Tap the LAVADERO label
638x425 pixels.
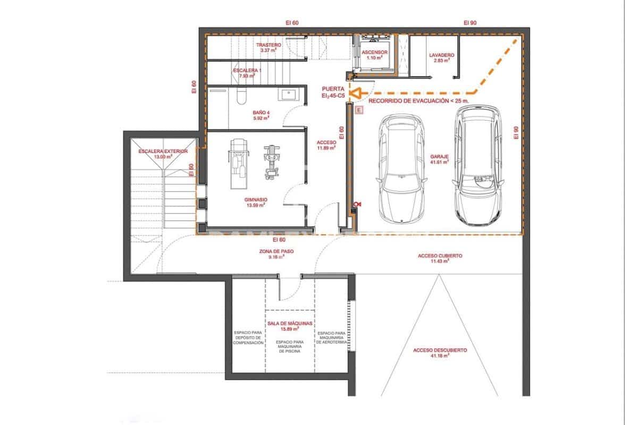tap(441, 55)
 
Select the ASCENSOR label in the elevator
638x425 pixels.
tap(374, 53)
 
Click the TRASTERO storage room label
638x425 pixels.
tap(268, 45)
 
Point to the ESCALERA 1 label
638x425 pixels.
tap(247, 71)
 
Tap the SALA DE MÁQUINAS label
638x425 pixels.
tap(289, 322)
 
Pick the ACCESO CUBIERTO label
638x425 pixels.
tap(440, 256)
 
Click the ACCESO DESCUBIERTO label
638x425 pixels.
tap(440, 351)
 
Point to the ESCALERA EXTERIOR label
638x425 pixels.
tap(163, 151)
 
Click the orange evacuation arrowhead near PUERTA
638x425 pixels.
tap(358, 92)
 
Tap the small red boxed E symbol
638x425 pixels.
tap(359, 110)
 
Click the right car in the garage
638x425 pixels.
tap(478, 165)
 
